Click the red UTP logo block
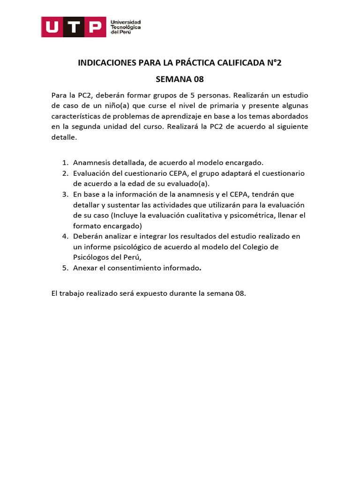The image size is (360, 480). (73, 27)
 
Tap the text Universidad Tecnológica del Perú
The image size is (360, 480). (125, 27)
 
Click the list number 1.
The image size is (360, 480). (65, 163)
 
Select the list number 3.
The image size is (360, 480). (65, 194)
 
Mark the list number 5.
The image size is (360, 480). (65, 268)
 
